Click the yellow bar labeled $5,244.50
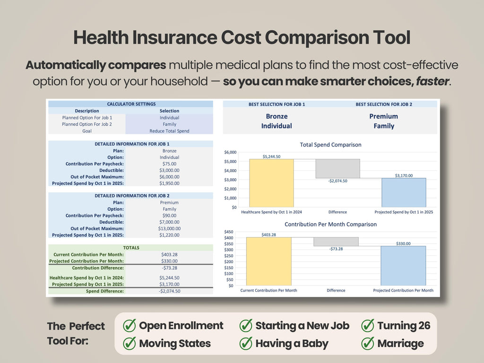(x=271, y=183)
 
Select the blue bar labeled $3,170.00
(x=404, y=193)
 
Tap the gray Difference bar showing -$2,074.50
(x=337, y=169)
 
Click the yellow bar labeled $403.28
(x=269, y=261)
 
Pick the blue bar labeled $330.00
(x=403, y=266)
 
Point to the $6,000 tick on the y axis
(x=230, y=152)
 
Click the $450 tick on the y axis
(x=229, y=232)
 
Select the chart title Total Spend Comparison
(x=330, y=145)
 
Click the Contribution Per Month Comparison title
(x=330, y=225)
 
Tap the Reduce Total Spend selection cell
(x=169, y=131)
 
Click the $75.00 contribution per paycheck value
(x=170, y=164)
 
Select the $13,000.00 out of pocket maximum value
(x=170, y=229)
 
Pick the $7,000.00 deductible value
(x=170, y=222)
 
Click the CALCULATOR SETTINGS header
(x=131, y=104)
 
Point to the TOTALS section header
(x=131, y=248)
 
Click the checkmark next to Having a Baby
(x=246, y=343)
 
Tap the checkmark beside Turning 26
(x=368, y=325)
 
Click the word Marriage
(x=401, y=344)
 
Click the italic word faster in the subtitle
(x=432, y=81)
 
